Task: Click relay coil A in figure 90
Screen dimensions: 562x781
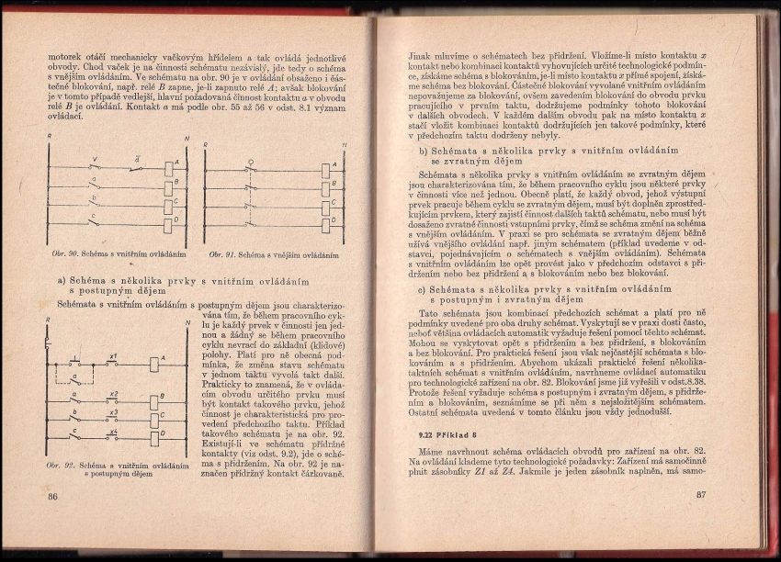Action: tap(170, 166)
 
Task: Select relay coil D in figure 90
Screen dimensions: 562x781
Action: tap(170, 221)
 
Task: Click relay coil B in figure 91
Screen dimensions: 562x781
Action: tap(326, 186)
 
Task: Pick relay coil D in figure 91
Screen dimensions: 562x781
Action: tap(326, 221)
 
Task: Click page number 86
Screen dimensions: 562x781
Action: tap(52, 496)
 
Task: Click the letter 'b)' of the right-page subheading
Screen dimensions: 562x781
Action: tap(424, 150)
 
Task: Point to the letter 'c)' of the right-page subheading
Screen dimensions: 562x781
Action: tap(424, 288)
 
